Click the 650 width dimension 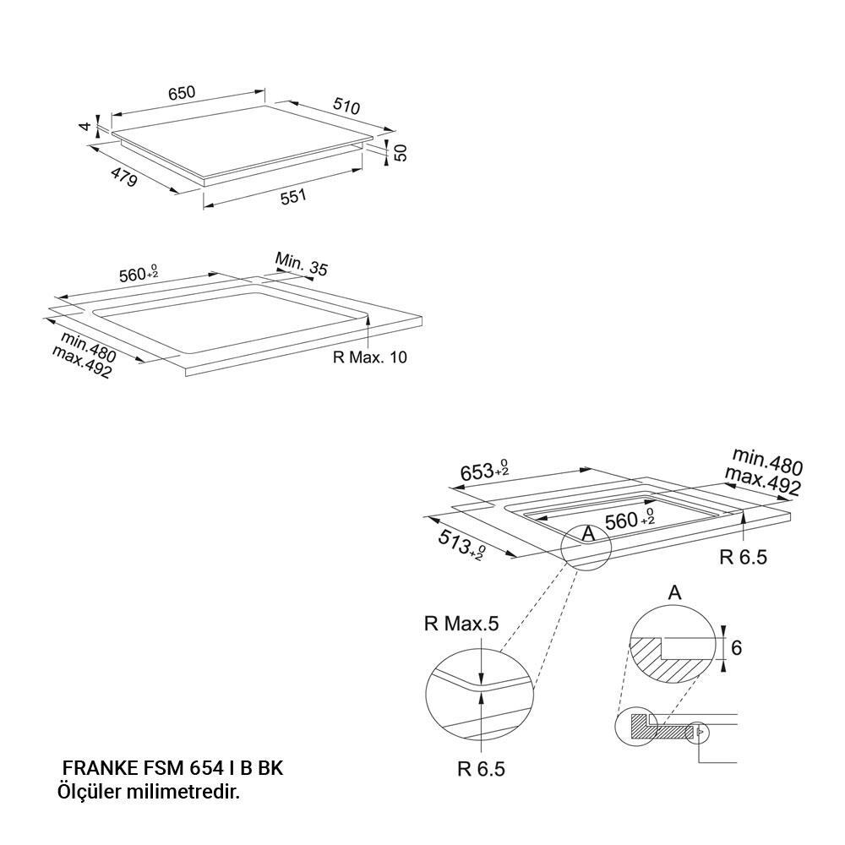click(182, 93)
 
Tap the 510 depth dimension click(346, 106)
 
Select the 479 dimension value click(124, 177)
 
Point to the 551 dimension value click(293, 197)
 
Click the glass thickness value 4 click(84, 127)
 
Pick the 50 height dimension click(401, 152)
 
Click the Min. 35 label click(302, 263)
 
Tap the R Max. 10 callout click(370, 357)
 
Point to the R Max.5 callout click(461, 624)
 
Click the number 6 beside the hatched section click(737, 647)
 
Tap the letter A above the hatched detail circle click(674, 593)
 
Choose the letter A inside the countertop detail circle click(588, 533)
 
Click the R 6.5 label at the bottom click(482, 769)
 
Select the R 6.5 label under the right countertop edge click(743, 557)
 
